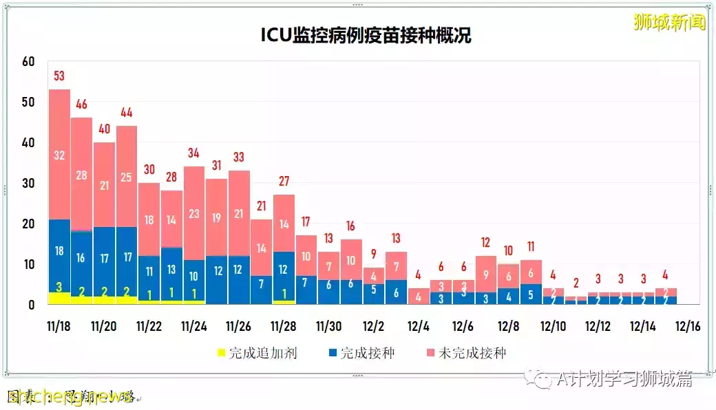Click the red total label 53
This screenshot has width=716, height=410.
click(x=59, y=76)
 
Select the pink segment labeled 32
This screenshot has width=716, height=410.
click(x=59, y=155)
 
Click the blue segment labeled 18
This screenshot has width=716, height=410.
click(x=59, y=251)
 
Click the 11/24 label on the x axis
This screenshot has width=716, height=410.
click(x=193, y=325)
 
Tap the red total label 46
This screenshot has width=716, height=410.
click(x=81, y=105)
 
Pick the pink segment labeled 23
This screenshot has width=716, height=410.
click(x=193, y=214)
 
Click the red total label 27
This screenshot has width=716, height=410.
click(x=284, y=182)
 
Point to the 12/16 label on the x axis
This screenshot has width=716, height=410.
click(x=687, y=325)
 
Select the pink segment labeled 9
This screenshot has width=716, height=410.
click(x=485, y=274)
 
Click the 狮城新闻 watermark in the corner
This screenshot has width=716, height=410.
click(x=669, y=22)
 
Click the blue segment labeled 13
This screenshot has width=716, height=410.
click(x=171, y=269)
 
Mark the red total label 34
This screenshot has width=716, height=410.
click(x=193, y=153)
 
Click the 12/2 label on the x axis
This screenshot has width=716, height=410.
click(x=373, y=325)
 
